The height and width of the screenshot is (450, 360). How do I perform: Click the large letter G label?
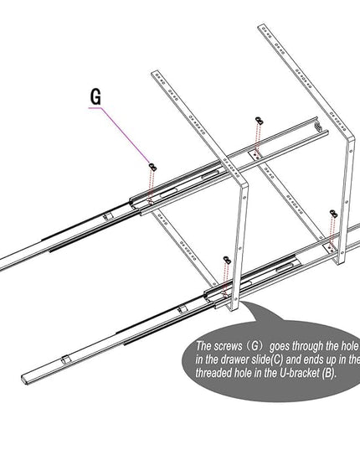(x=95, y=96)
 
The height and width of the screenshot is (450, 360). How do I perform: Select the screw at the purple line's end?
(x=153, y=167)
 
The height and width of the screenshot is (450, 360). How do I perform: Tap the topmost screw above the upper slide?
(x=259, y=121)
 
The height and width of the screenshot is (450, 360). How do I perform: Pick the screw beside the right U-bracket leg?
(x=333, y=214)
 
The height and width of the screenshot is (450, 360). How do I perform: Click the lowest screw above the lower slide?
(x=227, y=260)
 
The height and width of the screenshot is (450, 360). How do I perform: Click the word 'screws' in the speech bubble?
(x=229, y=346)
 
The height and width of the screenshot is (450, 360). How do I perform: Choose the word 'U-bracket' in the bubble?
(x=299, y=373)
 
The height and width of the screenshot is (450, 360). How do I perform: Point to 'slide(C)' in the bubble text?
(x=267, y=359)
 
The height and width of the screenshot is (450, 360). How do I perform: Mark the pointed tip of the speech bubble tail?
(x=242, y=301)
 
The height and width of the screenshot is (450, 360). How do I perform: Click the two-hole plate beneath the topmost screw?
(x=255, y=156)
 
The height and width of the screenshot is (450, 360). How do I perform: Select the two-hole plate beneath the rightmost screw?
(x=330, y=248)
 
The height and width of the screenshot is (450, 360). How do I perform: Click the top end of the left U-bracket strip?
(x=155, y=72)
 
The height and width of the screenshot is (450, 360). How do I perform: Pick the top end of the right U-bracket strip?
(x=262, y=27)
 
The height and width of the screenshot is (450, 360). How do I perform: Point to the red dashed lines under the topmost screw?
(x=258, y=140)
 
